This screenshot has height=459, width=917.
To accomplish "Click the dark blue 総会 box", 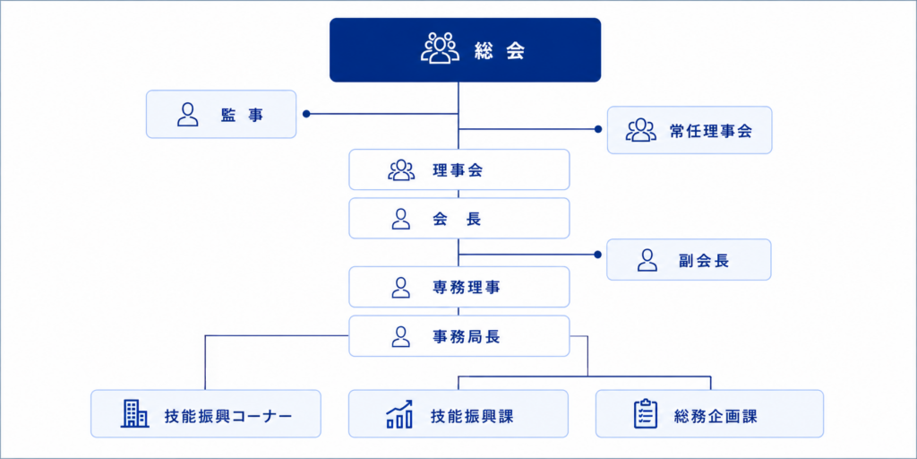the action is point(465,50).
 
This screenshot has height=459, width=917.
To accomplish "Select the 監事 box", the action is point(221,114).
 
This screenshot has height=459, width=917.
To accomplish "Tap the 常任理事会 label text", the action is point(710,131).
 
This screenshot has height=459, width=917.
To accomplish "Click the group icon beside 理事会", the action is point(401,169).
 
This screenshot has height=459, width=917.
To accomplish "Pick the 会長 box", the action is point(459,219).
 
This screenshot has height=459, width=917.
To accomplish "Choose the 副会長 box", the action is point(689,260).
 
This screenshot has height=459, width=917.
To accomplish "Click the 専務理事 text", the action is point(466,288).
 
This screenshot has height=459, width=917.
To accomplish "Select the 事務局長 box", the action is point(459,336).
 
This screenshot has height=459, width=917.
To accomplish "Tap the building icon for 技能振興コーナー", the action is point(134,413).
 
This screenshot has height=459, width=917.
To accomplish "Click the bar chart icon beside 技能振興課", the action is point(399,414).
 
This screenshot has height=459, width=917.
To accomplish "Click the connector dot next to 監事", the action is point(306,114).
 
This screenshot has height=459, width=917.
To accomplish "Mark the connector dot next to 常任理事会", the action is point(597,129).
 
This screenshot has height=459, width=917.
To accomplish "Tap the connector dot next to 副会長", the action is point(597,255).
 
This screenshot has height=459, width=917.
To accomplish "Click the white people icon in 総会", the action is point(437,49).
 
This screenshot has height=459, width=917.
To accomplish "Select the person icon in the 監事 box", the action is point(187,115).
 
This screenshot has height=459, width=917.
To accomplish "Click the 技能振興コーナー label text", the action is point(228,416).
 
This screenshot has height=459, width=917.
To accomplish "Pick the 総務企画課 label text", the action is point(716,416).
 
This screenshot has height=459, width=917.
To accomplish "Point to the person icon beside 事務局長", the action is point(400,336).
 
